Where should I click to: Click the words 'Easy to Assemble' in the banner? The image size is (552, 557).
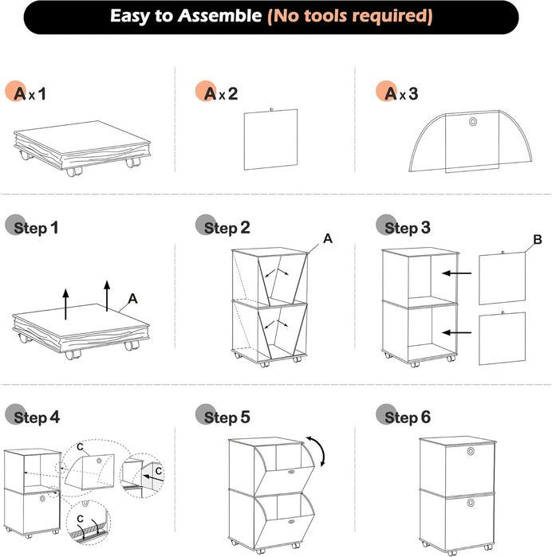tap(186, 16)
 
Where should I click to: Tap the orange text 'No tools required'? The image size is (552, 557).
tap(350, 17)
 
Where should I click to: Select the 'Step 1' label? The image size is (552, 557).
tap(36, 228)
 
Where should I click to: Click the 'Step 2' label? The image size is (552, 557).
tap(227, 228)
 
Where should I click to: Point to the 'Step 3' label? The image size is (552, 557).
tap(408, 228)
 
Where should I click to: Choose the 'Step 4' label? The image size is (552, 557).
tap(37, 418)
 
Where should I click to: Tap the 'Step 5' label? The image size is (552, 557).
tap(227, 418)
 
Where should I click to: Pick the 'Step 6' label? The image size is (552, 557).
tap(408, 418)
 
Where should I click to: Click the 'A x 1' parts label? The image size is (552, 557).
tap(30, 94)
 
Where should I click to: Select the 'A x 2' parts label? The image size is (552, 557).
tap(221, 94)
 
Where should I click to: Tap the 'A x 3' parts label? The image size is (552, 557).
tap(401, 94)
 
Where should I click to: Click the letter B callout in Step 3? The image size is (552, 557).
tap(538, 239)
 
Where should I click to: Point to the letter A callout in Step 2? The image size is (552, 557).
tap(328, 239)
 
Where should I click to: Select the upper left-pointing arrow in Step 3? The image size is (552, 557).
tap(456, 273)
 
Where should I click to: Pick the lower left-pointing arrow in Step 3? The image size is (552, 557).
tap(456, 333)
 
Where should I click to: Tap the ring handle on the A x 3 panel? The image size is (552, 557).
tap(473, 122)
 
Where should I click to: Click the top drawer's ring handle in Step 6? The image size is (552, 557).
tap(471, 452)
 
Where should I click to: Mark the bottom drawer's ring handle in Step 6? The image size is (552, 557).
tap(471, 503)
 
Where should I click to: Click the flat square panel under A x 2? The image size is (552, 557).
tap(270, 139)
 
